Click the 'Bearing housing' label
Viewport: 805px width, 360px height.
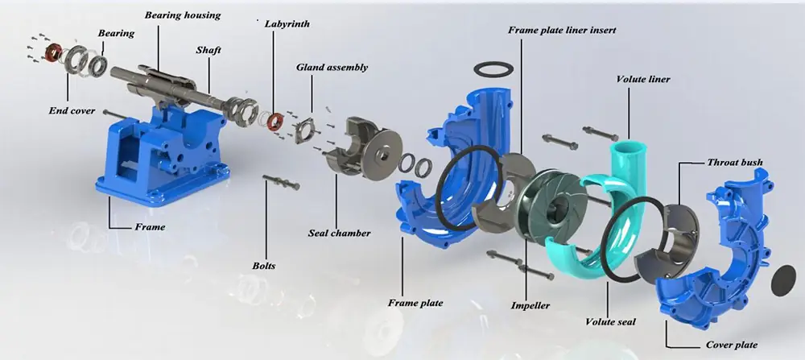182,14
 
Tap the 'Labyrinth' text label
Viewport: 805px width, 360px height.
287,24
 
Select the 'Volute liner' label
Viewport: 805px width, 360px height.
642,80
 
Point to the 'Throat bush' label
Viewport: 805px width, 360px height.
735,163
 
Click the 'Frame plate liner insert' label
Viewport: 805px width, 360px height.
562,31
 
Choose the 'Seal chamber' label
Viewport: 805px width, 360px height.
339,233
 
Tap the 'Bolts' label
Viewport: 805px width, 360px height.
264,266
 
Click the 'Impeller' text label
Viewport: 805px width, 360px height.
530,306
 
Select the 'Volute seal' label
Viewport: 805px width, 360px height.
610,322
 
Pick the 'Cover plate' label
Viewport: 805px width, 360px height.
732,345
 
